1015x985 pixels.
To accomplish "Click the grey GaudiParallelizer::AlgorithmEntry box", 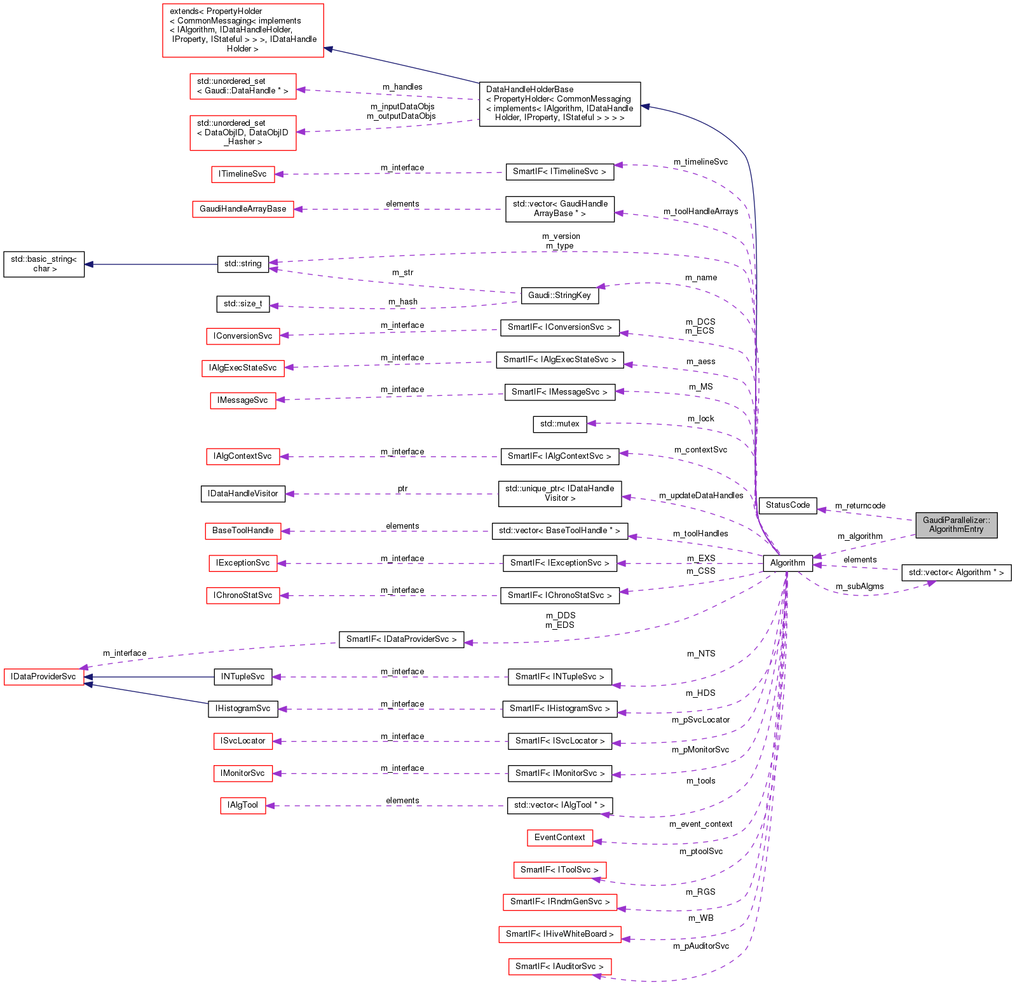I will click(x=956, y=525).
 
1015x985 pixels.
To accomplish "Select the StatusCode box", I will click(x=787, y=505).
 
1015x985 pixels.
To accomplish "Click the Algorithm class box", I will click(x=787, y=563).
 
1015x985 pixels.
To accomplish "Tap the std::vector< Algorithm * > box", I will click(x=956, y=573).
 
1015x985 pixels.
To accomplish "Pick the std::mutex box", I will click(x=559, y=424).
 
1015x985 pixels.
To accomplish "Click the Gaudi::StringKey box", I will click(x=559, y=295).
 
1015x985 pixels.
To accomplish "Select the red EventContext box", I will click(x=559, y=838).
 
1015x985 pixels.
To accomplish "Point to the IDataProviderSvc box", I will click(x=44, y=677).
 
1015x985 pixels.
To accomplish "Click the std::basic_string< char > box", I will click(x=44, y=264).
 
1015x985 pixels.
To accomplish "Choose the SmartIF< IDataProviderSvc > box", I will click(x=401, y=639).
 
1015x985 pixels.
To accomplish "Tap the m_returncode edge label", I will click(x=860, y=506).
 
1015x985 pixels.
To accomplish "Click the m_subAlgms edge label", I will click(x=859, y=587).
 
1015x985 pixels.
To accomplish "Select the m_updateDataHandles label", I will click(x=701, y=496).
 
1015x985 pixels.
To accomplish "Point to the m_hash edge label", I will click(x=403, y=302).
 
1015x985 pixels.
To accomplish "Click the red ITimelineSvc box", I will click(x=243, y=174).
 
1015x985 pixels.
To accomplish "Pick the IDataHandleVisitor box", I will click(x=243, y=494).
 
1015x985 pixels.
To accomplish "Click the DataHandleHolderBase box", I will click(x=559, y=104).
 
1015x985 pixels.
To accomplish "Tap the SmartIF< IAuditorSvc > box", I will click(x=559, y=967).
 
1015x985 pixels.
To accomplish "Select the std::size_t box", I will click(x=243, y=304).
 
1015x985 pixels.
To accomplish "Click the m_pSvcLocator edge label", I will click(x=700, y=720).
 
